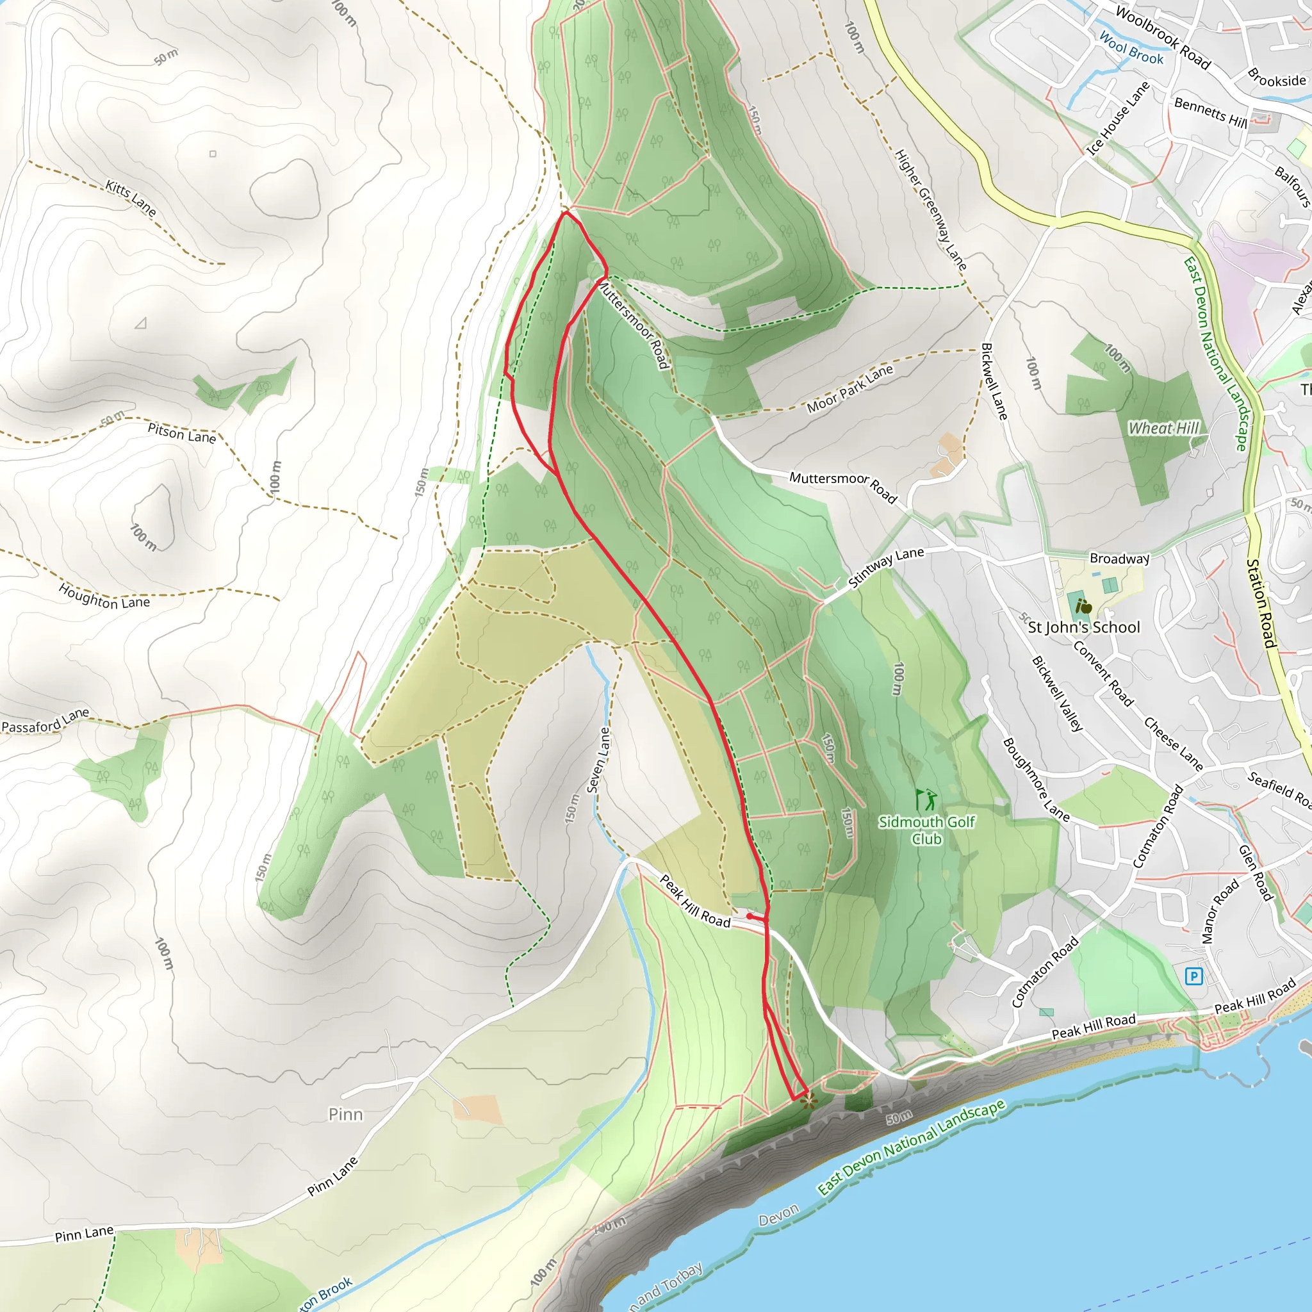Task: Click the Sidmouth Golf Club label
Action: pyautogui.click(x=926, y=830)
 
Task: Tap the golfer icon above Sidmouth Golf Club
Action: pyautogui.click(x=926, y=799)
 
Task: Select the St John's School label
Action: pyautogui.click(x=1084, y=627)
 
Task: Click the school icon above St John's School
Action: pyautogui.click(x=1084, y=607)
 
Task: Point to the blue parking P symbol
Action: pyautogui.click(x=1193, y=976)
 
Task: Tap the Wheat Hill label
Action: pyautogui.click(x=1163, y=428)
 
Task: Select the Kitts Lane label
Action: pyautogui.click(x=131, y=197)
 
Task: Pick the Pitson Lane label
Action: pyautogui.click(x=181, y=432)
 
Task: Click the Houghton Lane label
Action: pyautogui.click(x=104, y=596)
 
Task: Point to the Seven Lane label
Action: pyautogui.click(x=598, y=760)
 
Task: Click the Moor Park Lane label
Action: pyautogui.click(x=849, y=389)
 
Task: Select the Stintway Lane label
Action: pyautogui.click(x=885, y=566)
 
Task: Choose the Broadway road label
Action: pyautogui.click(x=1119, y=558)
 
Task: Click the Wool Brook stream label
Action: pyautogui.click(x=1131, y=48)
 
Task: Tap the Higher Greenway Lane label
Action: pyautogui.click(x=930, y=210)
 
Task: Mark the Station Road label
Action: pyautogui.click(x=1262, y=603)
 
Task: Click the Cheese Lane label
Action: pyautogui.click(x=1174, y=744)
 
